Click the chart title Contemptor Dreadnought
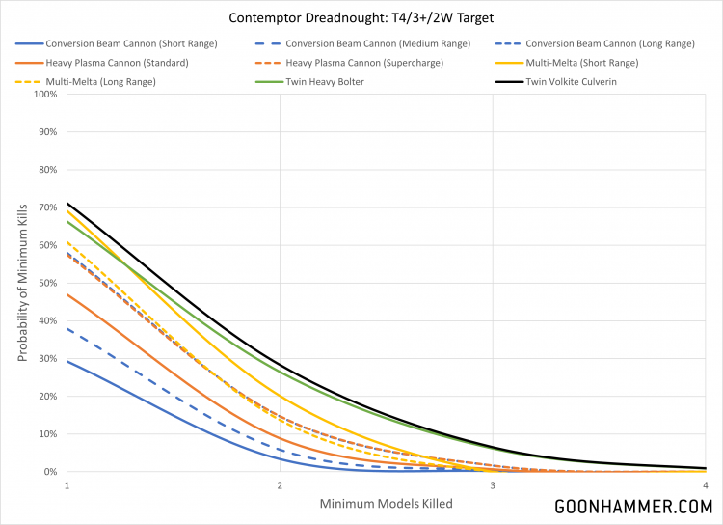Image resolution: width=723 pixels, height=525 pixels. tap(361, 18)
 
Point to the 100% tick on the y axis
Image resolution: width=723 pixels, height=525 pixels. tap(43, 95)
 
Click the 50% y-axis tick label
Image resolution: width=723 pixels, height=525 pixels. tap(45, 283)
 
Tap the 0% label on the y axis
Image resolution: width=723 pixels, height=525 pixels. tap(48, 472)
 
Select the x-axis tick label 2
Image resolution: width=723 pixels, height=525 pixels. tap(280, 485)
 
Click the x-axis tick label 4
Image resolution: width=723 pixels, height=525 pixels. tap(706, 485)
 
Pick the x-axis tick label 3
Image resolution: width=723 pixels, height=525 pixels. tap(493, 485)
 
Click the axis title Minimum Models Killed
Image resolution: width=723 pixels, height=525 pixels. tap(386, 504)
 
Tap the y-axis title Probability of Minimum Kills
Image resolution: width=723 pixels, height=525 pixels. tap(21, 283)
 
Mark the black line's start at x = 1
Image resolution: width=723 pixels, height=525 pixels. tap(66, 203)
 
